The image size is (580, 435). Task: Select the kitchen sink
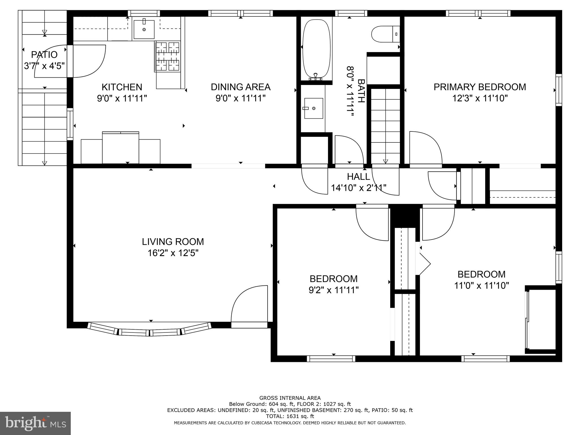(144, 29)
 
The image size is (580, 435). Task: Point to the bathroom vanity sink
(314, 108)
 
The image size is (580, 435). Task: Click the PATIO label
(44, 54)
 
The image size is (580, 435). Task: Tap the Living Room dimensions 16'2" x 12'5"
(173, 253)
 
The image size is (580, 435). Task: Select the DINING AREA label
(240, 87)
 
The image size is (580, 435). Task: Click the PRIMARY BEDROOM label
(480, 87)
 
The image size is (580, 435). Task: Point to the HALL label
(358, 177)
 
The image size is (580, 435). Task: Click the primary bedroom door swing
(425, 149)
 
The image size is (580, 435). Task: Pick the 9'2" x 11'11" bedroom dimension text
(334, 290)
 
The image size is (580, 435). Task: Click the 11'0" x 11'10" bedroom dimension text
(481, 285)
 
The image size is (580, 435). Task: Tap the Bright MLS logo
(35, 423)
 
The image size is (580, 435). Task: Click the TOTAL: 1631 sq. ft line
(290, 416)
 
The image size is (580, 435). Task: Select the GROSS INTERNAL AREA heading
(290, 398)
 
